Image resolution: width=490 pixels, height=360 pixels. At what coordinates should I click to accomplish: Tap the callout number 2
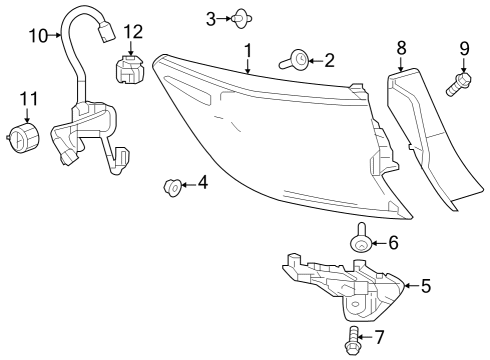tap(329, 61)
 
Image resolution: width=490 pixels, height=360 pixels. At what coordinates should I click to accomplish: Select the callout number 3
tap(211, 17)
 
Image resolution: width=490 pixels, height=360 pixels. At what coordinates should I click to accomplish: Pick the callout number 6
tap(393, 241)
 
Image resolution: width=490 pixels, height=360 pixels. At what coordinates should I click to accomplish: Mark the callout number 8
tap(402, 46)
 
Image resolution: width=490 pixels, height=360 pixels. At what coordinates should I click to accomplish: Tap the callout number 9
tap(464, 47)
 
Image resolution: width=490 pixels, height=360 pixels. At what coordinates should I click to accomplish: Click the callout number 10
tap(37, 36)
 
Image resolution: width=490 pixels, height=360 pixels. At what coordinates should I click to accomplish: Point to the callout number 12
tap(133, 32)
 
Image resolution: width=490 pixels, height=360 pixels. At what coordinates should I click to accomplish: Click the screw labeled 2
tap(298, 62)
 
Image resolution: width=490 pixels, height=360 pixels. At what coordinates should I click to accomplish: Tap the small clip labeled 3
tap(240, 17)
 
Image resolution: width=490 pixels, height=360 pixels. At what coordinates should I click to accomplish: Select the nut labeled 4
tap(172, 185)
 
